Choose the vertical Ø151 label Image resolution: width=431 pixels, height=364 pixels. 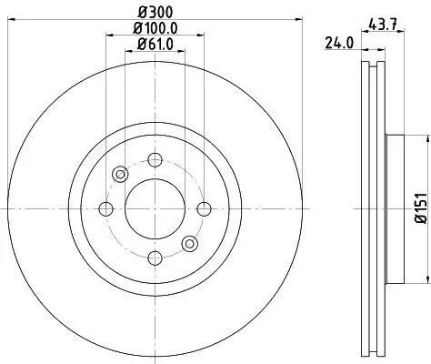[x=421, y=207]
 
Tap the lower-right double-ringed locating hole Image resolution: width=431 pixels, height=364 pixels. [x=189, y=243]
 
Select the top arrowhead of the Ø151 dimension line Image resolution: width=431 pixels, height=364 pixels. [x=426, y=139]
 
